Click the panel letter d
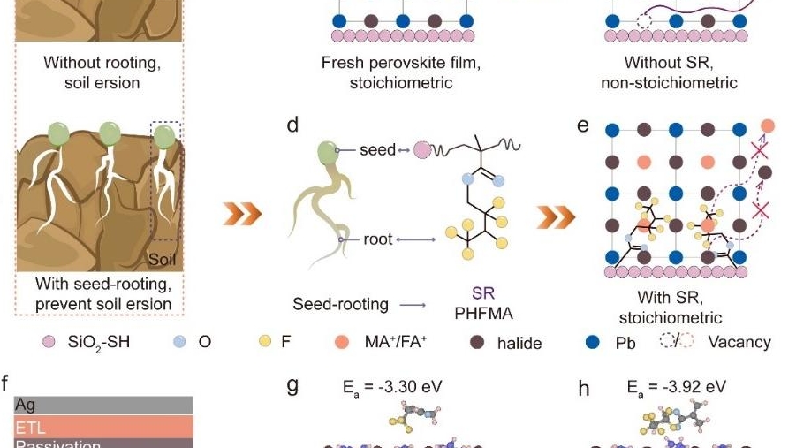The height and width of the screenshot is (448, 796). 292,125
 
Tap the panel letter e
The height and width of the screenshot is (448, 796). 582,125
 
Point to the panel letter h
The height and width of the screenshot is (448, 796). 583,388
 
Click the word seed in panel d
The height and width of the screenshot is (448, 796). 377,150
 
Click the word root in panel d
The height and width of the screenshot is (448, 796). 375,239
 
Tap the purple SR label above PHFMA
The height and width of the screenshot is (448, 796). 482,293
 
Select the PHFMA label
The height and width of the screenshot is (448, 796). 482,312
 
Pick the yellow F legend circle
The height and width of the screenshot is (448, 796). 263,342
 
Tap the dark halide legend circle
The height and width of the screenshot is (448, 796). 478,342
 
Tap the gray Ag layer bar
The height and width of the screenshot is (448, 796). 103,406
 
